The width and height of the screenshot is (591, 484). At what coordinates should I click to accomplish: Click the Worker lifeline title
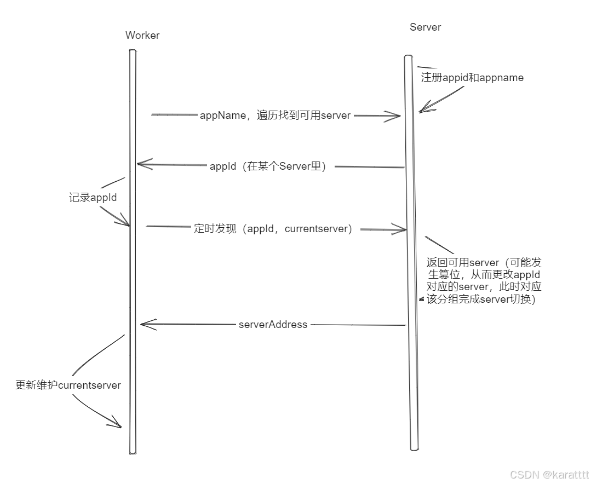142,36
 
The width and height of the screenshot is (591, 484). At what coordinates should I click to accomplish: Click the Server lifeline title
425,27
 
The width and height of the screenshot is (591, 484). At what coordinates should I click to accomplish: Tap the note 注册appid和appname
472,78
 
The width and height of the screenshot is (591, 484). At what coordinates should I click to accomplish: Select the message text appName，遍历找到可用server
275,115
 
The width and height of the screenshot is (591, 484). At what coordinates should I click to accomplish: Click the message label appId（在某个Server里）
268,166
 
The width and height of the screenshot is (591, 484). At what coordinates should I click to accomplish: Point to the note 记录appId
93,198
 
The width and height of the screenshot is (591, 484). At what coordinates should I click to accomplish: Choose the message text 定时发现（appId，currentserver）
273,229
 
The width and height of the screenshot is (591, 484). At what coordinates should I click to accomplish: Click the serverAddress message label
273,325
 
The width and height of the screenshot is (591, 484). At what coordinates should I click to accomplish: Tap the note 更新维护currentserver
68,385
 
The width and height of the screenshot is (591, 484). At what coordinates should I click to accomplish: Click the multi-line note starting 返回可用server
484,281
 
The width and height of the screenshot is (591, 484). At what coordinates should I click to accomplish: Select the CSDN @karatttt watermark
549,474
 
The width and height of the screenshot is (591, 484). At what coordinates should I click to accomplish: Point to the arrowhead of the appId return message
141,164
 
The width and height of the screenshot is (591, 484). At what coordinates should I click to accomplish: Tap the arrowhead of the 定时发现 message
401,229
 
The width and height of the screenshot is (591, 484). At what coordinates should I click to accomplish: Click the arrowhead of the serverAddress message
145,324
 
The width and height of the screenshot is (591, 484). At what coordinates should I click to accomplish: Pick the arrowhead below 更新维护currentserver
117,424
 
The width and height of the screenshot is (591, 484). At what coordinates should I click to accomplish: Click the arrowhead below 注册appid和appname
423,110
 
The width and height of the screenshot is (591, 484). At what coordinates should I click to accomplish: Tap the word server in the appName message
335,115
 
